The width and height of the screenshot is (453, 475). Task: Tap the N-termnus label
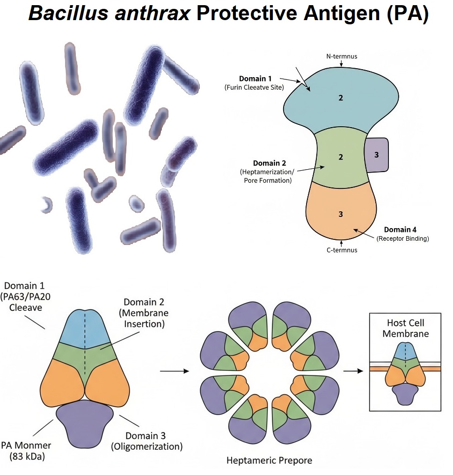click(x=342, y=57)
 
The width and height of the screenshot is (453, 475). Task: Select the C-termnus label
click(x=342, y=250)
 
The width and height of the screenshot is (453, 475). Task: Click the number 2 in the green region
click(x=341, y=157)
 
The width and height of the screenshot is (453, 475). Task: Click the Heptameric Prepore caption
click(x=269, y=461)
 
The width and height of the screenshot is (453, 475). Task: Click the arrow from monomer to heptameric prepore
click(x=174, y=371)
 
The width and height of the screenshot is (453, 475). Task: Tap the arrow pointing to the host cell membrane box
click(x=353, y=371)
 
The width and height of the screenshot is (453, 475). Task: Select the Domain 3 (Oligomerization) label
click(x=146, y=441)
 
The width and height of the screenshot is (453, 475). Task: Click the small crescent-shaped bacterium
click(x=46, y=204)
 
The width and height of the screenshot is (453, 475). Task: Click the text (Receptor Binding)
click(x=402, y=239)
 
